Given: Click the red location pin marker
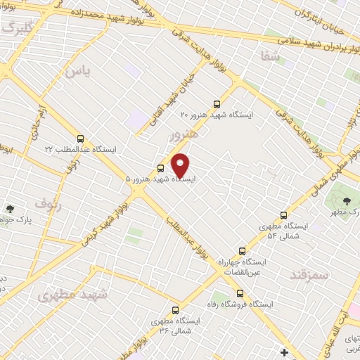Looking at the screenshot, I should (181, 165).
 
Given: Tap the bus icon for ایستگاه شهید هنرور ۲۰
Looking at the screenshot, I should (216, 103).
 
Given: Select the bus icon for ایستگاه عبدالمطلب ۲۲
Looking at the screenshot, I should (80, 139).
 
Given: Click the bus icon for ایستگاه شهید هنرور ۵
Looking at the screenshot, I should (161, 168).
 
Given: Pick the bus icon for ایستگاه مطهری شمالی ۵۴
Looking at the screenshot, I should (283, 215).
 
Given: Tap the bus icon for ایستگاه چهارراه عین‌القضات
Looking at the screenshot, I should (243, 250).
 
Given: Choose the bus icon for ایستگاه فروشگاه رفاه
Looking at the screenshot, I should (240, 293).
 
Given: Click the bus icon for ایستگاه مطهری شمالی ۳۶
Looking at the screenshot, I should (175, 309).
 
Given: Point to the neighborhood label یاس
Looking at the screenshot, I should (78, 71).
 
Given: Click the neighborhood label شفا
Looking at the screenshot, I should (268, 56).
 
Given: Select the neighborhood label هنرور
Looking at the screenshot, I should (184, 134).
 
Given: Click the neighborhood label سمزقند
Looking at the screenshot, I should (309, 274).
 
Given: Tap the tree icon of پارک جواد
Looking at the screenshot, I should (10, 208).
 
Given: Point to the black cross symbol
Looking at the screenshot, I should (284, 352).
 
